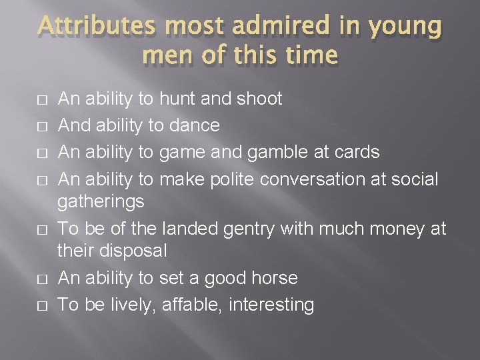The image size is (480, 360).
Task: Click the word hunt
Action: (x=177, y=99)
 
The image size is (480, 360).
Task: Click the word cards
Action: (x=356, y=153)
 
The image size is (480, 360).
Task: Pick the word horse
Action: (x=273, y=278)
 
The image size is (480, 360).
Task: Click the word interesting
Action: (x=271, y=305)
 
